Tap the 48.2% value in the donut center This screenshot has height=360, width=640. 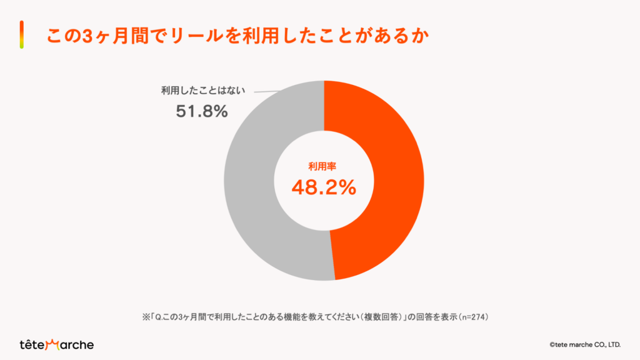(x=324, y=187)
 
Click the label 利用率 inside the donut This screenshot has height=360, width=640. (x=324, y=166)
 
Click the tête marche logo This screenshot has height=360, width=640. (x=57, y=344)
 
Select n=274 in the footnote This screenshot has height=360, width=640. (x=472, y=316)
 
